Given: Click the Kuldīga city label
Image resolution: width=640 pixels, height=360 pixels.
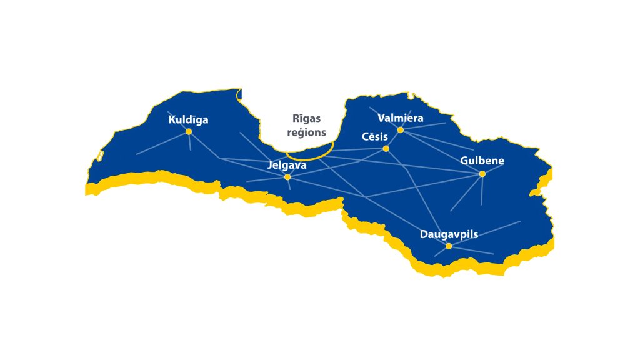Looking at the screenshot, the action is pyautogui.click(x=188, y=119).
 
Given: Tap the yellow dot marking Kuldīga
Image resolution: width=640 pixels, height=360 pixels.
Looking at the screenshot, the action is pyautogui.click(x=189, y=131).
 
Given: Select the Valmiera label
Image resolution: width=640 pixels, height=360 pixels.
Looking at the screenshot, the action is pyautogui.click(x=401, y=117).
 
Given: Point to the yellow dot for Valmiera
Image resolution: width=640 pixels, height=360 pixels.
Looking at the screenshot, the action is pyautogui.click(x=401, y=130).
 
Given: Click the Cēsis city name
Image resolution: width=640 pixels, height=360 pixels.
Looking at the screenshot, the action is pyautogui.click(x=375, y=137).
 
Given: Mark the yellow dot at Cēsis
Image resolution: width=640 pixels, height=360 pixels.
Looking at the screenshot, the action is pyautogui.click(x=386, y=149).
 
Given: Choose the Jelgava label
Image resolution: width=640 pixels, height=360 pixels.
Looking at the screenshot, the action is pyautogui.click(x=287, y=166).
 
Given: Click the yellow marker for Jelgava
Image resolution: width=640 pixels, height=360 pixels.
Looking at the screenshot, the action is pyautogui.click(x=287, y=177).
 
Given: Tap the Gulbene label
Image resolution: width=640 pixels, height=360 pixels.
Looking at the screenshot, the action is pyautogui.click(x=482, y=161).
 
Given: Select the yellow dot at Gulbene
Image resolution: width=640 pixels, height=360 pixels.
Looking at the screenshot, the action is pyautogui.click(x=482, y=174).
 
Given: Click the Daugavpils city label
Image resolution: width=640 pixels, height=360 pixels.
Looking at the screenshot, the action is pyautogui.click(x=449, y=234).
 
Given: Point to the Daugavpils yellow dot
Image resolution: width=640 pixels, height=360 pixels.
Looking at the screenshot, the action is pyautogui.click(x=449, y=246).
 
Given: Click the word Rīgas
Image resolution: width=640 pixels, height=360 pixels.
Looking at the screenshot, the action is pyautogui.click(x=307, y=119).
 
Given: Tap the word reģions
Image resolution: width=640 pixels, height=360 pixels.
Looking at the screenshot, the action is pyautogui.click(x=307, y=132).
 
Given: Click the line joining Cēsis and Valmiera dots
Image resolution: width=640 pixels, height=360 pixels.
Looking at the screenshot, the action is pyautogui.click(x=394, y=139).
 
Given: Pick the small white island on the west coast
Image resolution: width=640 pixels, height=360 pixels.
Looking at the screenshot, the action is pyautogui.click(x=101, y=155).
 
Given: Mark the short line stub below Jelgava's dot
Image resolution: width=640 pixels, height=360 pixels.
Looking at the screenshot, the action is pyautogui.click(x=289, y=184).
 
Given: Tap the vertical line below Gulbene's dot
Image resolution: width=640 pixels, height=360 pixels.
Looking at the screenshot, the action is pyautogui.click(x=482, y=191).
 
